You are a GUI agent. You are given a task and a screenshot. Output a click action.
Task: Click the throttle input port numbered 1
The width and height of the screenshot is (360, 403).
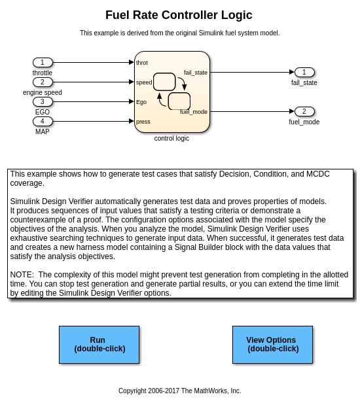point(43,62)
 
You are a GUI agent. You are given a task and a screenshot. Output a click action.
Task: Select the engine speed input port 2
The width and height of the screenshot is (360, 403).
point(43,82)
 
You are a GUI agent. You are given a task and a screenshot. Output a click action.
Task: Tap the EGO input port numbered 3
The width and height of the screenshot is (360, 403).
point(43,102)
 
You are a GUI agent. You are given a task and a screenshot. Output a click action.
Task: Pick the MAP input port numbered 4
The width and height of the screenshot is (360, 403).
point(43,121)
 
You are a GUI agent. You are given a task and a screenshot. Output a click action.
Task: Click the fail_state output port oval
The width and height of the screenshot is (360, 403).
point(304,72)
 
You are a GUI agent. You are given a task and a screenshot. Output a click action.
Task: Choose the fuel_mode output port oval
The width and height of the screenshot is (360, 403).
point(304,111)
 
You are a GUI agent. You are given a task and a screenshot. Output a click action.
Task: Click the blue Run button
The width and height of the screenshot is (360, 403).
point(99,345)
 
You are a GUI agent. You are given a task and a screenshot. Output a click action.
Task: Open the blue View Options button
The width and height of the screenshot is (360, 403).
point(272,345)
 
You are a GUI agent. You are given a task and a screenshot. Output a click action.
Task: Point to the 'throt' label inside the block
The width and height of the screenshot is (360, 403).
point(142,63)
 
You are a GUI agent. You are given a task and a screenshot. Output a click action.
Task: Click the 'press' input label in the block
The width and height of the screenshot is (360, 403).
point(143,122)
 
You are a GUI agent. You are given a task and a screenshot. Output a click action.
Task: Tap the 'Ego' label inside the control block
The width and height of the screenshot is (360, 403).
point(141,102)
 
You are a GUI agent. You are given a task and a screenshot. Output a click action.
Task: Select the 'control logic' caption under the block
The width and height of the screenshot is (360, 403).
point(171,138)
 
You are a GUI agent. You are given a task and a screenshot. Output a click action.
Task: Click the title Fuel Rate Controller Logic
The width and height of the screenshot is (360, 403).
point(179,15)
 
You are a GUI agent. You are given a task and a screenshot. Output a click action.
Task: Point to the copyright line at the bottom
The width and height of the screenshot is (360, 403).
point(180,391)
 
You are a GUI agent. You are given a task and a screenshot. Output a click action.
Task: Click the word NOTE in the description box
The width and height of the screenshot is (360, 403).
point(22,275)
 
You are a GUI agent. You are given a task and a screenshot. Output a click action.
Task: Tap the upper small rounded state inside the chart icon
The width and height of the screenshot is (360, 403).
point(164,82)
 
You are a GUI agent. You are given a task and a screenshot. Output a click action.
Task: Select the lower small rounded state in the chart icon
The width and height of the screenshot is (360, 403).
point(179,101)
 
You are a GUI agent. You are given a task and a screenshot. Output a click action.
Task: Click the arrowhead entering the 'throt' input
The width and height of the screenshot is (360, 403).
point(132,62)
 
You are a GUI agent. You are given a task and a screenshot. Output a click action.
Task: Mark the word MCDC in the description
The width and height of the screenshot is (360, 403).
point(318,174)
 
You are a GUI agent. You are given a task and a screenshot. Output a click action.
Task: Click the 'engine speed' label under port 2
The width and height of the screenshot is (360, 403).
point(43,92)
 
